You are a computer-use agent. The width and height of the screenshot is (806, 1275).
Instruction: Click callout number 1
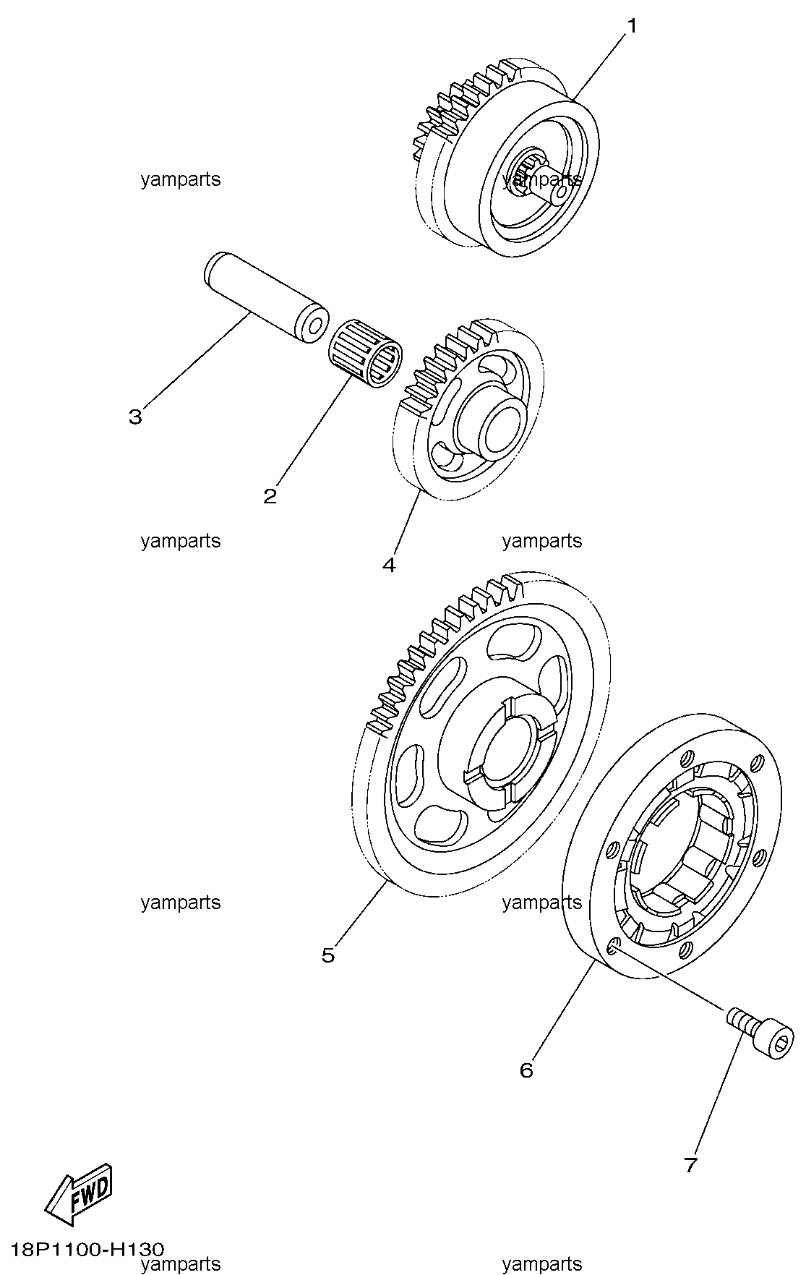pos(632,26)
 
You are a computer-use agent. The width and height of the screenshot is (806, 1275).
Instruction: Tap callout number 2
pos(270,496)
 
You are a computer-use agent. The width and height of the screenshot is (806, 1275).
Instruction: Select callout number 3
pos(135,417)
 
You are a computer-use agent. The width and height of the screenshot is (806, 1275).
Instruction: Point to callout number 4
pos(389,565)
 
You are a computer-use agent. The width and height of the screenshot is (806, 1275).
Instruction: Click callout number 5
pos(328,955)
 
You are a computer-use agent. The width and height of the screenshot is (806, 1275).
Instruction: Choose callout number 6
pos(526,1070)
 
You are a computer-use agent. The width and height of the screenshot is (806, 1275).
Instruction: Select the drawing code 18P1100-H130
pos(87,1249)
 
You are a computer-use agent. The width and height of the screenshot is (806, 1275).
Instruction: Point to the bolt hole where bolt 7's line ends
pos(613,946)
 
